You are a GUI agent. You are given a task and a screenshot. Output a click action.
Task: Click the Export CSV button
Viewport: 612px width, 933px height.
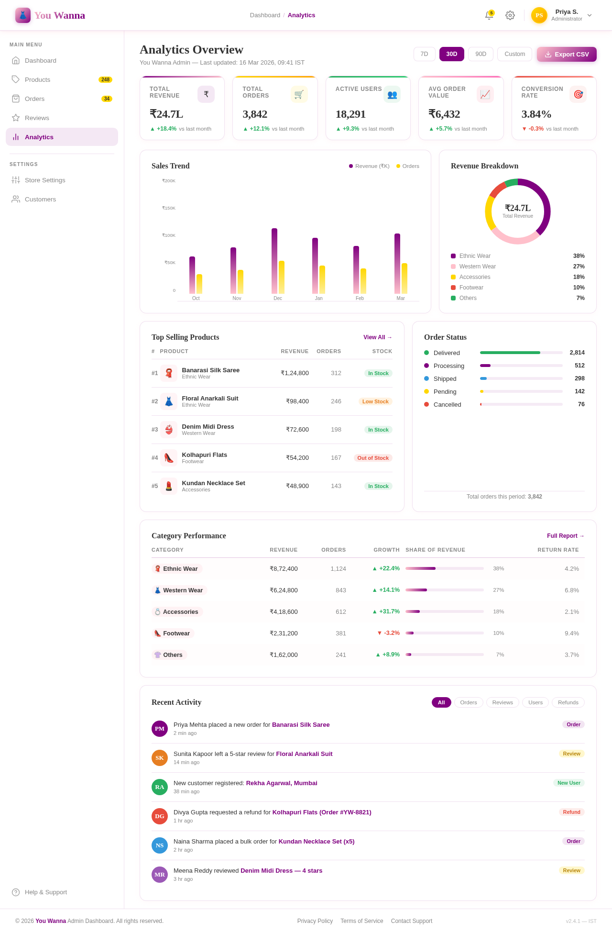tap(567, 54)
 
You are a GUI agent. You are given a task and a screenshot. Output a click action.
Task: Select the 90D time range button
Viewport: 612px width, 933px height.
tap(481, 54)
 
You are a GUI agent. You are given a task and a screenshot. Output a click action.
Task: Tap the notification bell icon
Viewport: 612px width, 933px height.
tap(489, 15)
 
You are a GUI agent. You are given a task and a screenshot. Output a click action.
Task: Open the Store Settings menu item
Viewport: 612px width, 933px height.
tap(45, 180)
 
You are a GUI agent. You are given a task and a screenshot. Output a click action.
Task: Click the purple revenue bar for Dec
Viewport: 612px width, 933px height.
tap(274, 261)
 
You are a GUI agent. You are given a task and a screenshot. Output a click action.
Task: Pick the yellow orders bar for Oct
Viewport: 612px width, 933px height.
tap(199, 284)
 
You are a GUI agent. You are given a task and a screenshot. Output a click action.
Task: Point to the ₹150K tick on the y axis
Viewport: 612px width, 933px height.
tap(169, 208)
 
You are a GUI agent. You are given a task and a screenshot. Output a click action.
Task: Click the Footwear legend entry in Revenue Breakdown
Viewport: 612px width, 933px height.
tap(471, 288)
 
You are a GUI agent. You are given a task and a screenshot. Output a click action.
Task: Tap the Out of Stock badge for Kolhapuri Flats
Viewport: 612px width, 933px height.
tap(373, 458)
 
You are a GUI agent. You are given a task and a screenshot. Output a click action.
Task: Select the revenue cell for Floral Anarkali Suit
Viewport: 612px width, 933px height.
tap(297, 401)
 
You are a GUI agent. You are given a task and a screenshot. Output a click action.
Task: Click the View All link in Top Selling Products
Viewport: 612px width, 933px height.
tap(377, 337)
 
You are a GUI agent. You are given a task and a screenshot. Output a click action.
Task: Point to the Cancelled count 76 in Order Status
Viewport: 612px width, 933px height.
tap(581, 404)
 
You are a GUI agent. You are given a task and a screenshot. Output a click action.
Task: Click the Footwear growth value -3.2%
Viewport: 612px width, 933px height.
tap(389, 633)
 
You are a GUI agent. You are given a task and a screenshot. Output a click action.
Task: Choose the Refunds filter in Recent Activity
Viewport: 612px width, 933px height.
tap(568, 702)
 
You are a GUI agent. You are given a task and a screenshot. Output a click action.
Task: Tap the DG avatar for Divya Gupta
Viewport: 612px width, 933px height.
tap(160, 816)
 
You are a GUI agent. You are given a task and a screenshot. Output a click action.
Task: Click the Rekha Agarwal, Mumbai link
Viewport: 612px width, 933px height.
tap(282, 783)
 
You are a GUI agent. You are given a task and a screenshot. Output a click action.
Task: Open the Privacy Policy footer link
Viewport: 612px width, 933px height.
tap(315, 921)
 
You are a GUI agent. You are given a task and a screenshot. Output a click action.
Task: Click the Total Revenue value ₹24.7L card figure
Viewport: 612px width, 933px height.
tap(166, 114)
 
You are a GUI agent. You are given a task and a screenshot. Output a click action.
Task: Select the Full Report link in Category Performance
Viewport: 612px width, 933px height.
tap(565, 536)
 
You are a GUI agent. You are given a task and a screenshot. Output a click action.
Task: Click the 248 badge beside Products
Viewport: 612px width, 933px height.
tap(105, 79)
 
